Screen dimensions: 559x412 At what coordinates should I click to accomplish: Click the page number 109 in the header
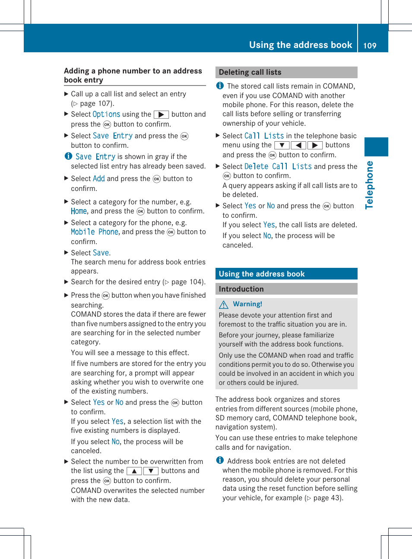[x=370, y=45]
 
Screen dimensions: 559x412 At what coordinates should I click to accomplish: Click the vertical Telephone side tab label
[x=369, y=185]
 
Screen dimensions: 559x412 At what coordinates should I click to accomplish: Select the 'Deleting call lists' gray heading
[x=250, y=72]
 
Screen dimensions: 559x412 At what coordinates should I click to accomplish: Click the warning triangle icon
[x=224, y=305]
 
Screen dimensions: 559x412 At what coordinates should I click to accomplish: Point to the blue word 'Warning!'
[x=247, y=304]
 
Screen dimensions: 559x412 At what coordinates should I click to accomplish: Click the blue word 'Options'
[x=106, y=114]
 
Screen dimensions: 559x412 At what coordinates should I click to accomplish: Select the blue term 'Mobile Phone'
[x=95, y=232]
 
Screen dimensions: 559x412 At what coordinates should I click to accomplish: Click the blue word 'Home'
[x=79, y=211]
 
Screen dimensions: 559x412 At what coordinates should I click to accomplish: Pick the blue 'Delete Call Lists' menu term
[x=278, y=166]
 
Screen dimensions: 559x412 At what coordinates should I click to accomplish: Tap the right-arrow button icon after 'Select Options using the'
[x=161, y=114]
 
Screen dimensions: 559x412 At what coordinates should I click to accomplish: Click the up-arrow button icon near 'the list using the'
[x=134, y=471]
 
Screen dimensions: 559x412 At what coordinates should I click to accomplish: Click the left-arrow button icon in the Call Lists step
[x=298, y=145]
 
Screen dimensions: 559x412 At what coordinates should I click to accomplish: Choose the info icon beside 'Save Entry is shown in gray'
[x=68, y=156]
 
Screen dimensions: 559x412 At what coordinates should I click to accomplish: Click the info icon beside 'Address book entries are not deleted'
[x=220, y=461]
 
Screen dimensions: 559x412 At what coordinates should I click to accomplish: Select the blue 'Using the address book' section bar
[x=286, y=274]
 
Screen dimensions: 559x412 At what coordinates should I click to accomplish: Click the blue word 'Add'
[x=99, y=178]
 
